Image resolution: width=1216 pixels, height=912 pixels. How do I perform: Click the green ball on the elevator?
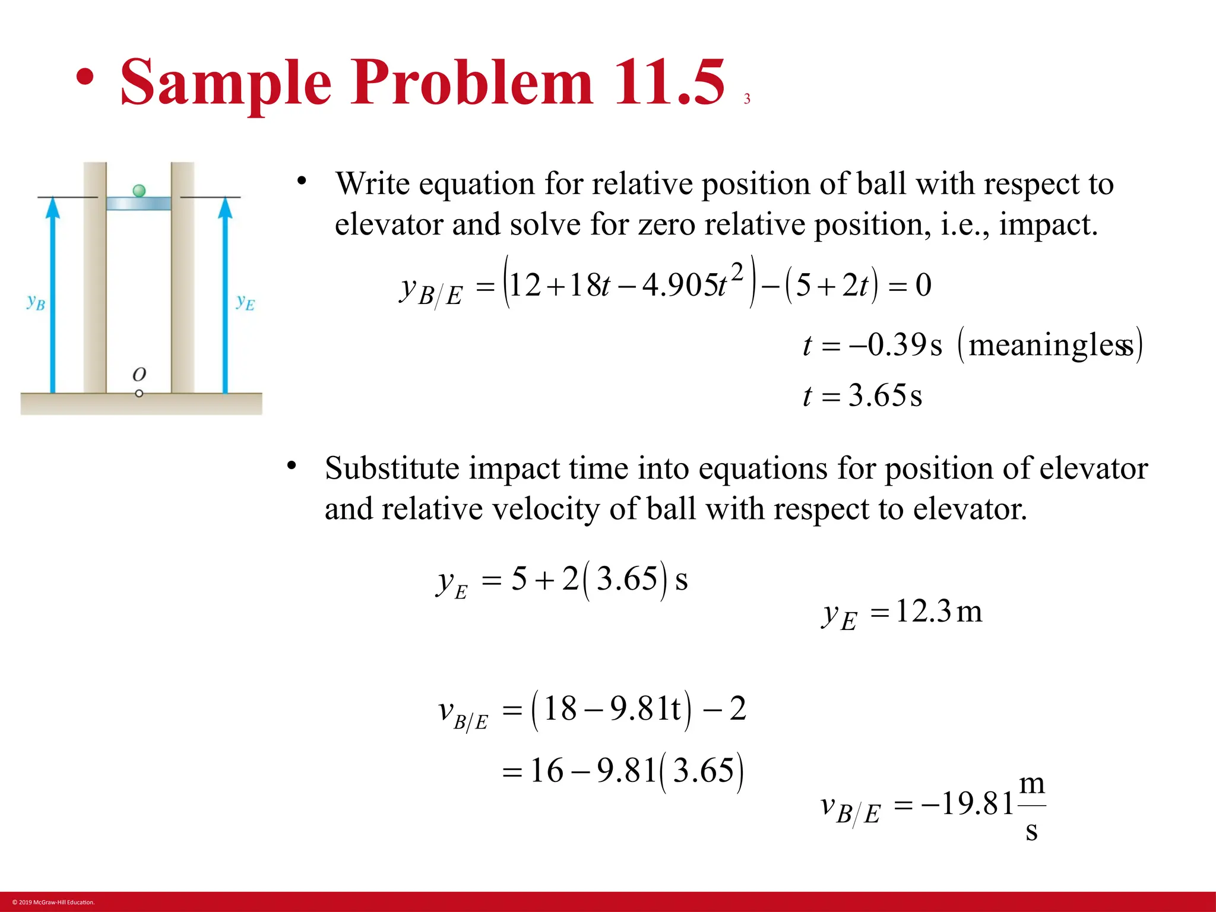pyautogui.click(x=139, y=191)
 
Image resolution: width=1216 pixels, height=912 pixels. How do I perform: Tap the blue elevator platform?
pyautogui.click(x=139, y=204)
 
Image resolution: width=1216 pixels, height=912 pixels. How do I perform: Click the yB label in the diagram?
pyautogui.click(x=36, y=302)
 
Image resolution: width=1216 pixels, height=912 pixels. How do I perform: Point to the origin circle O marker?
pyautogui.click(x=139, y=393)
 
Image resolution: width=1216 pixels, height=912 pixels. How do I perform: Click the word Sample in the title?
pyautogui.click(x=226, y=83)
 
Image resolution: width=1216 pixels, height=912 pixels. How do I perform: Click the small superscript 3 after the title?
pyautogui.click(x=747, y=99)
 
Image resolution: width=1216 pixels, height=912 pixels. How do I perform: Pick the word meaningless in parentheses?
pyautogui.click(x=1051, y=345)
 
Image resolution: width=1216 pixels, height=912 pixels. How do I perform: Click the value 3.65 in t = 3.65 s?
pyautogui.click(x=877, y=395)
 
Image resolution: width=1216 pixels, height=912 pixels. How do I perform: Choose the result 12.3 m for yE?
pyautogui.click(x=938, y=611)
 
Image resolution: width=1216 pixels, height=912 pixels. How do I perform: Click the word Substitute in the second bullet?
pyautogui.click(x=392, y=468)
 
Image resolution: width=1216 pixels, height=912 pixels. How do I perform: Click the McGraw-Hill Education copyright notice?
pyautogui.click(x=53, y=902)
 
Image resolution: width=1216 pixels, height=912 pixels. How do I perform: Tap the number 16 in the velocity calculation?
pyautogui.click(x=546, y=771)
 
